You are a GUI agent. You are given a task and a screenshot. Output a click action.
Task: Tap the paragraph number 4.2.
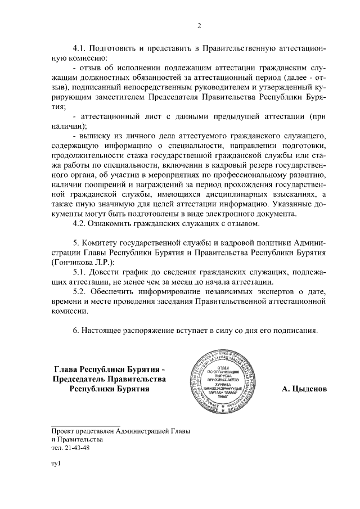[x=81, y=224]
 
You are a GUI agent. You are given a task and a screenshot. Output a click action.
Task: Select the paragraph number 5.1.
[x=81, y=272]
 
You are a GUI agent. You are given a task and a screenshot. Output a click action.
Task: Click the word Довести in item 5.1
[x=110, y=272]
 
